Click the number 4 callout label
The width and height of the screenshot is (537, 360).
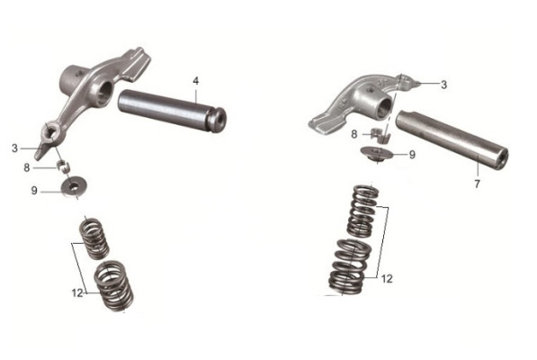[x=195, y=81]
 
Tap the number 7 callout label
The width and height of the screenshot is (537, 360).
[x=477, y=184]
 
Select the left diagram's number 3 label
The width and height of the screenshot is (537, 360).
[x=14, y=148]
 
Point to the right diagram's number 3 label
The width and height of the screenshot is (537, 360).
[x=443, y=85]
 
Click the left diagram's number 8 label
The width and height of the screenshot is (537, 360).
[x=27, y=167]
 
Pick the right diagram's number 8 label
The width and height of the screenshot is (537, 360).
[x=354, y=134]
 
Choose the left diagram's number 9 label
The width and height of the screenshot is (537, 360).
[x=34, y=191]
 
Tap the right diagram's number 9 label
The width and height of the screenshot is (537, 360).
[x=412, y=155]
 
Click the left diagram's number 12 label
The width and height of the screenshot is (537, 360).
[x=77, y=293]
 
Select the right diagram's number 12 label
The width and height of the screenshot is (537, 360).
[x=387, y=279]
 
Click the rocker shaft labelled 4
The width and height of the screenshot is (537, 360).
[x=171, y=111]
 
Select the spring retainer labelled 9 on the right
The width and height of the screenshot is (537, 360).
[x=376, y=152]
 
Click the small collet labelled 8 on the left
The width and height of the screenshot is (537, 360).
[x=63, y=165]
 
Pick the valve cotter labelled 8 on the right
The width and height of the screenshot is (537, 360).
[x=380, y=135]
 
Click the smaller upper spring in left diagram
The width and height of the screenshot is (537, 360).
[x=94, y=238]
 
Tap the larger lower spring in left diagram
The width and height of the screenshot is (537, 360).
[x=113, y=286]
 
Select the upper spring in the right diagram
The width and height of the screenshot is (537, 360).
[x=363, y=211]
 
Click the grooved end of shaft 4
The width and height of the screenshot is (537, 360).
[x=217, y=120]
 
